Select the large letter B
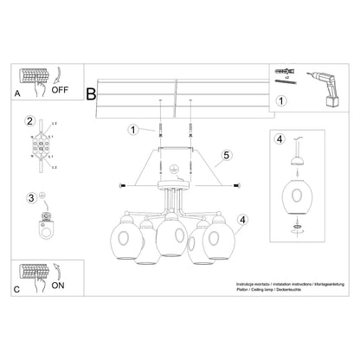[92, 93]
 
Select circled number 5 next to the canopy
[227, 156]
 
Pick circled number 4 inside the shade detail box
[279, 138]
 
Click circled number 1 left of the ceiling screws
[132, 131]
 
